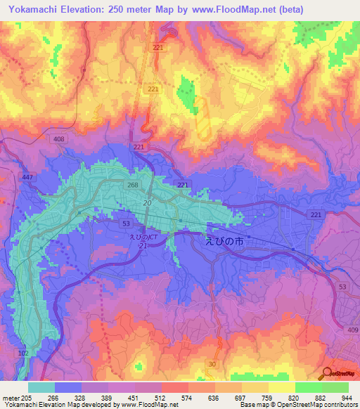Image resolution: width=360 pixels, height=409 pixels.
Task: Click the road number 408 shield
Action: tap(62, 140)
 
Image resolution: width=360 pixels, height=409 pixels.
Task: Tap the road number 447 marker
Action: tap(28, 177)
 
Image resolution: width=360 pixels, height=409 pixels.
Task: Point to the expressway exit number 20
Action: tap(147, 203)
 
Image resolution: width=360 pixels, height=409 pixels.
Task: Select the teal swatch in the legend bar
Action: tap(41, 387)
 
